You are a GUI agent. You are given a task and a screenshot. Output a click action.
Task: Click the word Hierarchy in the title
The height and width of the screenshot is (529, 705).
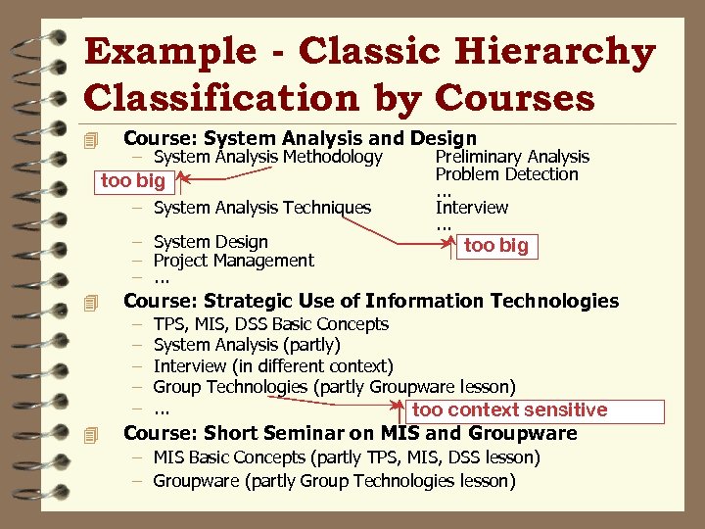(529, 53)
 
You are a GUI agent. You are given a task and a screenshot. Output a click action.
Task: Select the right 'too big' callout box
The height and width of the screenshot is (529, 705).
(495, 246)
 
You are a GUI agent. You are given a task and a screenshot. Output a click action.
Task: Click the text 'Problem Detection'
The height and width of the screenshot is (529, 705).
(507, 174)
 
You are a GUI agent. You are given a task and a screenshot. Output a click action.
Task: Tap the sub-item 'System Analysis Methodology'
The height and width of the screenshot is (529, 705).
(267, 157)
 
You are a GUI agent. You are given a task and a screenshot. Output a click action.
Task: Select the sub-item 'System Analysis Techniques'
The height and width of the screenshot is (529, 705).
(262, 208)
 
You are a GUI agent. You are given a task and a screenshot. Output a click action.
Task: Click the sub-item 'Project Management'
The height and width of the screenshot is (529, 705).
(234, 261)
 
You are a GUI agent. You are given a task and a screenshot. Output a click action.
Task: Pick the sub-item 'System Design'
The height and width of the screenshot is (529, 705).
(211, 242)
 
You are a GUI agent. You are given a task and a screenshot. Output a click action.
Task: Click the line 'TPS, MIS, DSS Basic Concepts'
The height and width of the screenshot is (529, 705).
(271, 324)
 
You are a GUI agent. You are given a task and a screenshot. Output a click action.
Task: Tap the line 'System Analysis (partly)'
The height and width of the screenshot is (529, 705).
(247, 345)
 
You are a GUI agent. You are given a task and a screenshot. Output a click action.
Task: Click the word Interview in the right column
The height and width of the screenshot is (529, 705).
(472, 208)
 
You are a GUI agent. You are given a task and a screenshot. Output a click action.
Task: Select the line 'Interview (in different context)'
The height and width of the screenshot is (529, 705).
(273, 366)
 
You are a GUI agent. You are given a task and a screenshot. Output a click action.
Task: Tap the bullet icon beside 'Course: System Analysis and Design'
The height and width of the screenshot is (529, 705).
(92, 139)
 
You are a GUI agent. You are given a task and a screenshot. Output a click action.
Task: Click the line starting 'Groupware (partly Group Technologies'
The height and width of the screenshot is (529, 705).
(334, 481)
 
